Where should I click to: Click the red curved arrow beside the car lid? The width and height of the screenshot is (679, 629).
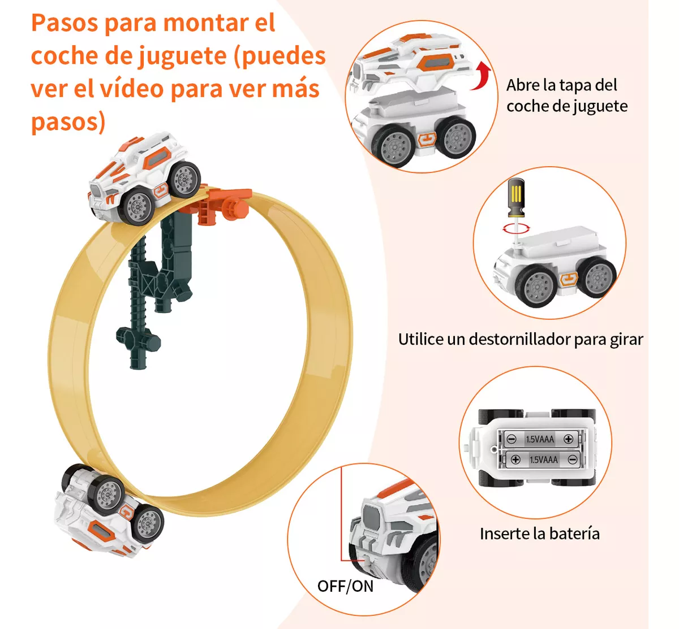483,76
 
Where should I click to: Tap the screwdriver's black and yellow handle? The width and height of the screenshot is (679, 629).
516,197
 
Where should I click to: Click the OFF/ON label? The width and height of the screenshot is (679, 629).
345,586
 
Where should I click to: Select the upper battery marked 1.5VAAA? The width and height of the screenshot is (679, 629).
540,439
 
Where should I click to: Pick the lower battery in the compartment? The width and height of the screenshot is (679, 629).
544,459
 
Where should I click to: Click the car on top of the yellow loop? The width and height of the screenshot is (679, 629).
144,177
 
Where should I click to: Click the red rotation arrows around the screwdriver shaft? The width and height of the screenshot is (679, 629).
516,228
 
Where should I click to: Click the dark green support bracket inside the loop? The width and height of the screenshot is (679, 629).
156,287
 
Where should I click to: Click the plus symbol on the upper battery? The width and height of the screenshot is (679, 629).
568,439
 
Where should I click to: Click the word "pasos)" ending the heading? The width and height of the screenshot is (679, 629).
68,122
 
